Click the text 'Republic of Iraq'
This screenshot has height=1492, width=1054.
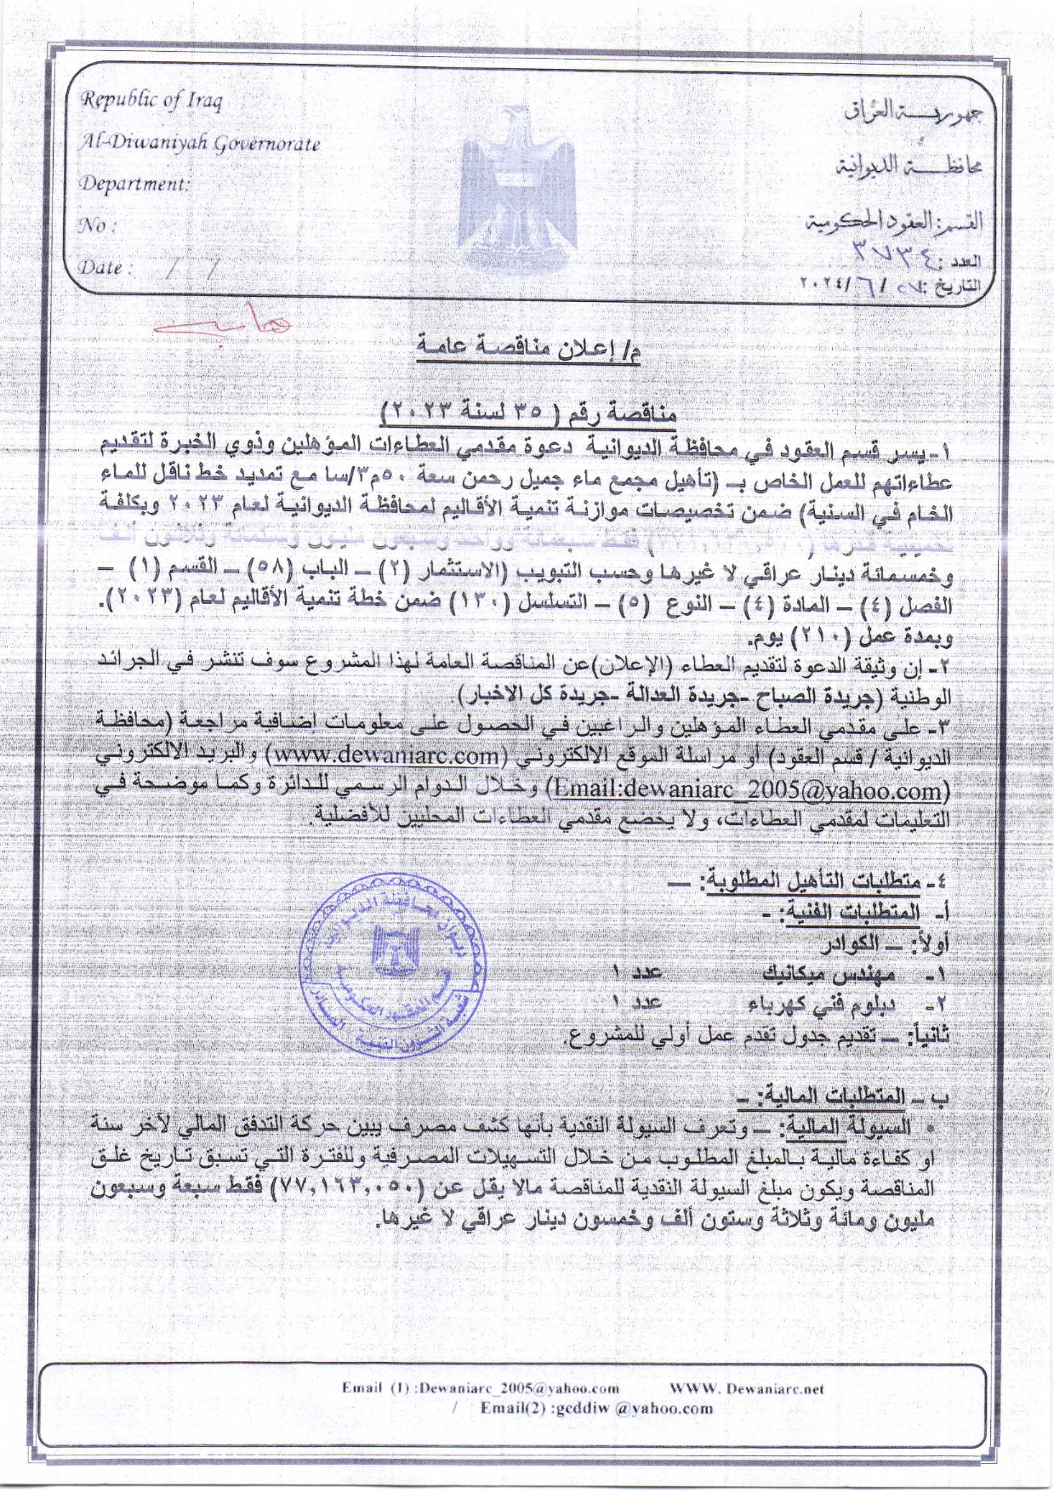tap(151, 100)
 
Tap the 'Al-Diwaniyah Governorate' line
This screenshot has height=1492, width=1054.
tap(200, 143)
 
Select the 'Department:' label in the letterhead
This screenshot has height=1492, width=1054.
tap(134, 184)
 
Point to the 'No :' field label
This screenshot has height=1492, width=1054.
tap(97, 226)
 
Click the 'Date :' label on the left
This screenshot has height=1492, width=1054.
tap(106, 267)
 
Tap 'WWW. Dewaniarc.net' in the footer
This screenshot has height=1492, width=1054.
tap(747, 1388)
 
